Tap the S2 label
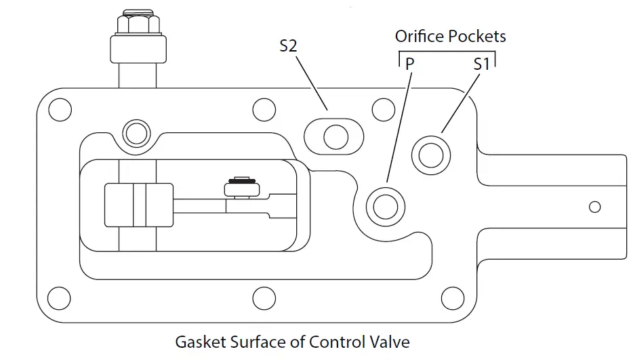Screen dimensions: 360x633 pyautogui.click(x=289, y=47)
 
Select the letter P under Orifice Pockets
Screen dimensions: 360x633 pyautogui.click(x=410, y=64)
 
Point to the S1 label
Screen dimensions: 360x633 pyautogui.click(x=481, y=64)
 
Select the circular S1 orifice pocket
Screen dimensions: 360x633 pyautogui.click(x=430, y=154)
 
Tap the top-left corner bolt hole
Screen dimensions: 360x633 pyautogui.click(x=60, y=108)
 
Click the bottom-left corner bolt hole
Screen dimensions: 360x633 pyautogui.click(x=60, y=297)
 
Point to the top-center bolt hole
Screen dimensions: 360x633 pyautogui.click(x=262, y=108)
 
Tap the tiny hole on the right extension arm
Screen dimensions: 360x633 pyautogui.click(x=595, y=207)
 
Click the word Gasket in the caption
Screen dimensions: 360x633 pyautogui.click(x=198, y=342)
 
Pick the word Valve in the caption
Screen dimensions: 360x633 pyautogui.click(x=392, y=342)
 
